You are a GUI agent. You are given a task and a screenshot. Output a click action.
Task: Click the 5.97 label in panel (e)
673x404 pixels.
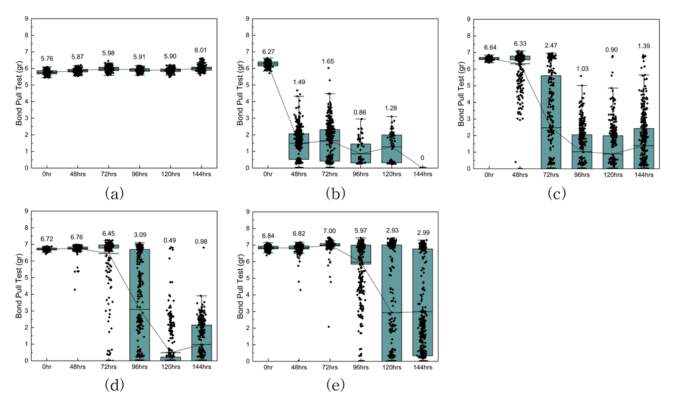point(361,235)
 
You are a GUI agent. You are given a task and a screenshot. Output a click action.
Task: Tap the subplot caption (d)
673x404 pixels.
point(114,385)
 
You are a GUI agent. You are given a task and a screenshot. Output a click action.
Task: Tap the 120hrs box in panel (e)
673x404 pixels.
point(392,303)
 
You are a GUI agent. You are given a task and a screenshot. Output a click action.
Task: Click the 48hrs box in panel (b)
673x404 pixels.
point(299,146)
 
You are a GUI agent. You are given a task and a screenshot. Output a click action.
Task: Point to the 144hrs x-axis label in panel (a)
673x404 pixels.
point(202,175)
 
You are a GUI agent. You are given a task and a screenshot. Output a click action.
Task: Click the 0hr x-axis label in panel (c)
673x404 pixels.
point(489,175)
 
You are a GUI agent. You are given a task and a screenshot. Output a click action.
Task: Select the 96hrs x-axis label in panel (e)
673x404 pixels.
point(361,368)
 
